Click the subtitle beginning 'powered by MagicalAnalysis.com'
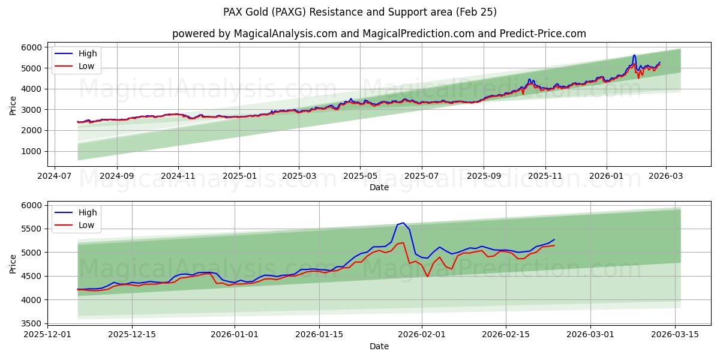point(379,34)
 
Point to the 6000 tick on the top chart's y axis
point(32,47)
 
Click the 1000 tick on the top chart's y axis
point(32,151)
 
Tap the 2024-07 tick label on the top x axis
point(55,176)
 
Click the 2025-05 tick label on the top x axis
point(360,176)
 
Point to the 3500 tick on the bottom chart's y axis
point(32,323)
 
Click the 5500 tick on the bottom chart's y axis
point(32,229)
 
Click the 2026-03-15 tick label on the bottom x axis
point(675,335)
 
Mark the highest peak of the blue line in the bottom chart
point(403,223)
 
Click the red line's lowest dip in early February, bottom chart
point(427,277)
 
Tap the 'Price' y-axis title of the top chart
point(13,104)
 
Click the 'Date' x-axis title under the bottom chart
point(379,346)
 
